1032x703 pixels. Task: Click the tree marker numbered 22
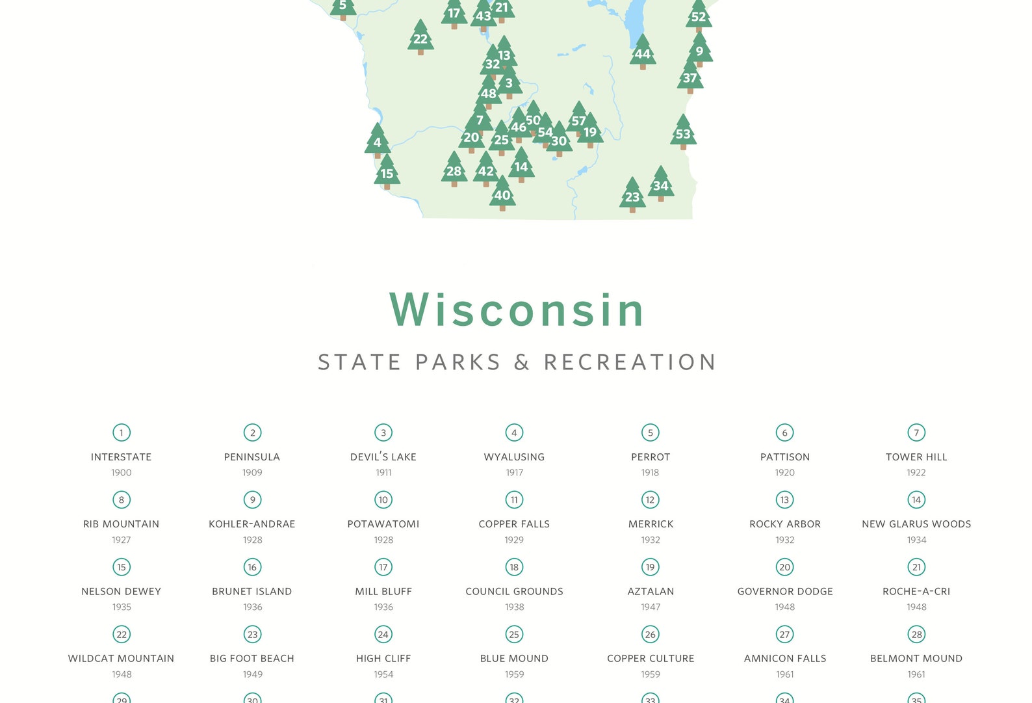[x=420, y=38]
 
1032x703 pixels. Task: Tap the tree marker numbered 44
[x=643, y=53]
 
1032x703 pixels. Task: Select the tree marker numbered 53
[x=683, y=134]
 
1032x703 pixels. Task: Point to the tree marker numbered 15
[x=387, y=173]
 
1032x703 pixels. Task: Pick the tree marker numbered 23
[x=632, y=196]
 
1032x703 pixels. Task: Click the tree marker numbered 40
[x=502, y=194]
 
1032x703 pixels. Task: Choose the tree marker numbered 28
[x=454, y=171]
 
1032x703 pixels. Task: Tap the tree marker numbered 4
[x=378, y=142]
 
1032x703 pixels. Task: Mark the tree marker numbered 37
[x=690, y=78]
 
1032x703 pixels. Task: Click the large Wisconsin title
[x=517, y=310]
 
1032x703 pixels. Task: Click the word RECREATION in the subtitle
[x=630, y=362]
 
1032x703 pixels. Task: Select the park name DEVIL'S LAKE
[x=383, y=457]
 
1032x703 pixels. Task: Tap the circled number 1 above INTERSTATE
[x=122, y=432]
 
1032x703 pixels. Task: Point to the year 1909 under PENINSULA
[x=252, y=473]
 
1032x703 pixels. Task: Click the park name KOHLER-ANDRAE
[x=252, y=524]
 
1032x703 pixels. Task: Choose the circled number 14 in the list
[x=916, y=500]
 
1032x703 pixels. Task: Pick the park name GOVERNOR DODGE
[x=785, y=592]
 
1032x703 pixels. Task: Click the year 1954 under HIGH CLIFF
[x=383, y=674]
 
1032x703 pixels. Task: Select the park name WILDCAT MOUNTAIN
[x=122, y=659]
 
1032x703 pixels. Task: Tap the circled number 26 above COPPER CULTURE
[x=651, y=635]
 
